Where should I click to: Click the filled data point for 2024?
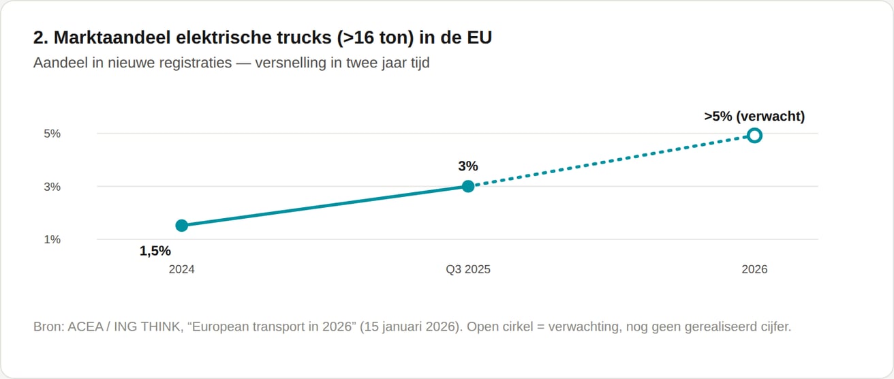pos(181,226)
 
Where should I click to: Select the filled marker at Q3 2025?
pos(468,186)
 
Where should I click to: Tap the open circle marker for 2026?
pos(754,136)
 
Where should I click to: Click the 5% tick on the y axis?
pos(52,134)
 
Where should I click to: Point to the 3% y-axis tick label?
pos(52,187)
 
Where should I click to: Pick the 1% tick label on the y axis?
pos(52,239)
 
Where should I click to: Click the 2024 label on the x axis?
pos(181,269)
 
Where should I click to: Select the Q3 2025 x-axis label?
pos(468,269)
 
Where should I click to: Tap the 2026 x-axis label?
pos(754,269)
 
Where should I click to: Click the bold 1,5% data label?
pos(155,251)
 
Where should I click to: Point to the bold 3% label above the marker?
pos(468,166)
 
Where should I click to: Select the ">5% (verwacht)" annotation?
pos(754,116)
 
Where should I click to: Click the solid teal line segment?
pos(325,206)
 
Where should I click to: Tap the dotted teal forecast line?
pos(611,161)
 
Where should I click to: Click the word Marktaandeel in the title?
pos(112,37)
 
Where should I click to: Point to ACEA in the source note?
pos(84,327)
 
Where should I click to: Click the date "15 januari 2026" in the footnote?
pos(410,327)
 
